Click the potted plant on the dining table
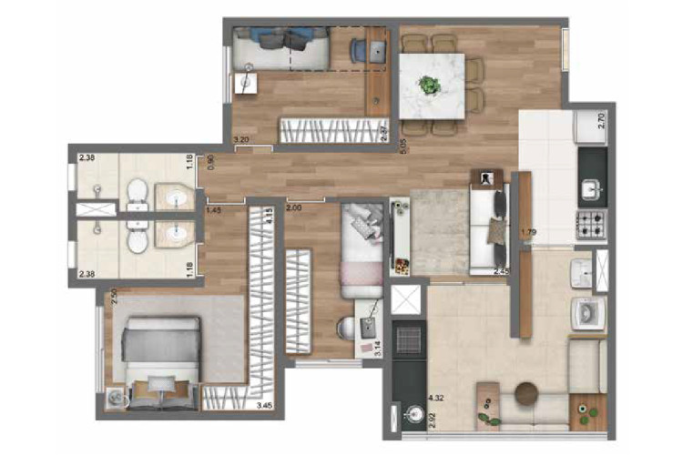428,86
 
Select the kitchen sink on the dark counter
592,189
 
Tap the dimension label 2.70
601,120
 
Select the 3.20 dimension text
241,139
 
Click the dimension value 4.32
435,398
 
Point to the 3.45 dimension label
265,405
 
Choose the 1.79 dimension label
527,233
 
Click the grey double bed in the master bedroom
162,350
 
